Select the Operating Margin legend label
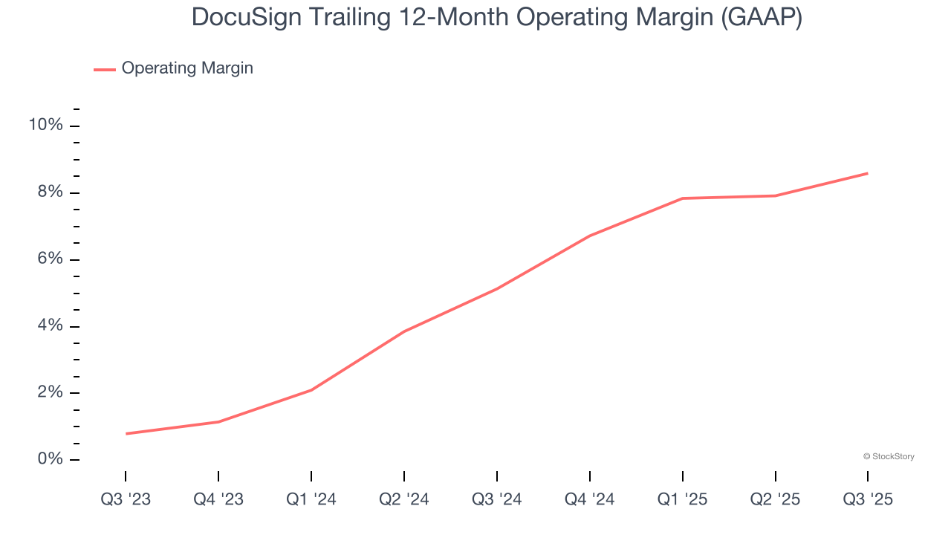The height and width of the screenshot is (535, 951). point(187,68)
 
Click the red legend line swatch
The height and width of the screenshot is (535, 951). point(104,69)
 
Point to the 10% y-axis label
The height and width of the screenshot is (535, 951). point(45,125)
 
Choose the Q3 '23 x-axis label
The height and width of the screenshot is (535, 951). point(126,499)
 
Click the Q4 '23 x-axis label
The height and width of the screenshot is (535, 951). point(218,499)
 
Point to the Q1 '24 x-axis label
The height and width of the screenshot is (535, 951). point(311,499)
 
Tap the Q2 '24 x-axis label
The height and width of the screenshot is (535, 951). point(404,499)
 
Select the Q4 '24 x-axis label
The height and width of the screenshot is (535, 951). point(590,499)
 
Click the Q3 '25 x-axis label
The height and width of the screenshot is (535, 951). point(868,499)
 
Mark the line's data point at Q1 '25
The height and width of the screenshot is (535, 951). point(682,198)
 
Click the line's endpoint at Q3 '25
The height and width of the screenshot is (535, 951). point(867,173)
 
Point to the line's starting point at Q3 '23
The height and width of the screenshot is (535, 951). point(126,433)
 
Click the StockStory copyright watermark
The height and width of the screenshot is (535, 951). point(889,456)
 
